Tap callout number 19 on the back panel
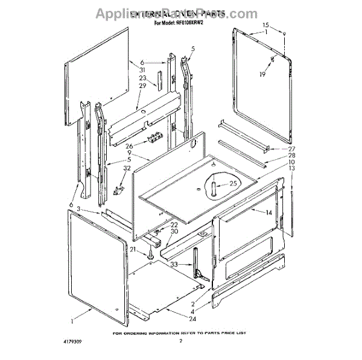tap(262, 74)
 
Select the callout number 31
tap(143, 70)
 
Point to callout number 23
tap(143, 78)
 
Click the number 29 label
tap(143, 86)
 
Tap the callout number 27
tap(291, 149)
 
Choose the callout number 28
tap(291, 156)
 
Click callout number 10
tap(291, 162)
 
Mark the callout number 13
tap(291, 169)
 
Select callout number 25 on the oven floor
tap(233, 183)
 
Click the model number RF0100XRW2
tap(194, 24)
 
